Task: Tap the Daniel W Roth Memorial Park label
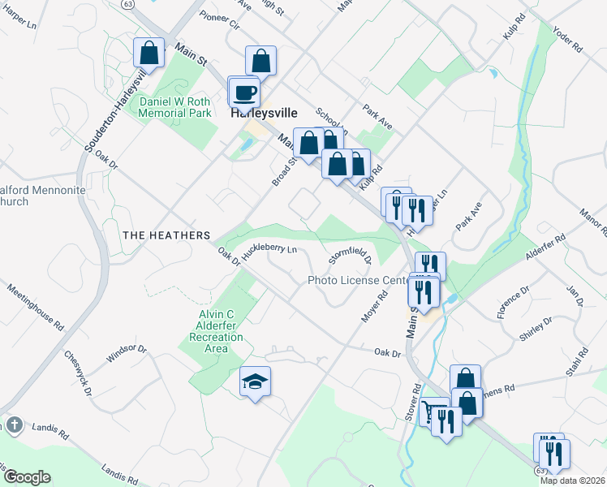(x=175, y=107)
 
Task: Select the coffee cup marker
(x=245, y=93)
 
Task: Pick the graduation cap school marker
(x=255, y=382)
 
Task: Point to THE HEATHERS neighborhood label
(x=166, y=235)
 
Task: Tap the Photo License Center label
(x=356, y=281)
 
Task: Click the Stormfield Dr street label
(x=350, y=257)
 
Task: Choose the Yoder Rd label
(x=567, y=37)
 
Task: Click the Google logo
(x=26, y=477)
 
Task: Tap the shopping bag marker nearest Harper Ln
(x=149, y=54)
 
